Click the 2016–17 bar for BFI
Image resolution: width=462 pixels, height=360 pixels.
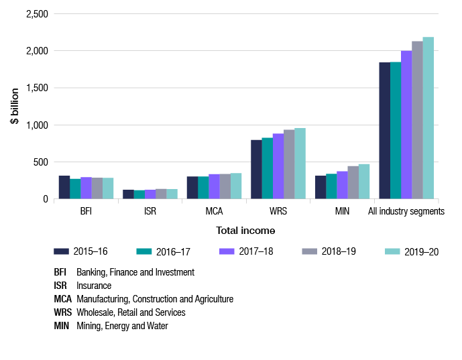75,189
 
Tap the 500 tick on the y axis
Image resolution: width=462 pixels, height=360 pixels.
42,162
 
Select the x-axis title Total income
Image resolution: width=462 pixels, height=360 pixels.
245,230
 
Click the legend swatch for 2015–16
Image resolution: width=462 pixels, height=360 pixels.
62,251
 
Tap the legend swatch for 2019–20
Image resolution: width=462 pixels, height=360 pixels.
393,251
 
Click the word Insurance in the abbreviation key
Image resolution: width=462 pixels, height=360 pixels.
94,286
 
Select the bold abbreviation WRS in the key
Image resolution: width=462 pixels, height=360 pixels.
63,312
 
